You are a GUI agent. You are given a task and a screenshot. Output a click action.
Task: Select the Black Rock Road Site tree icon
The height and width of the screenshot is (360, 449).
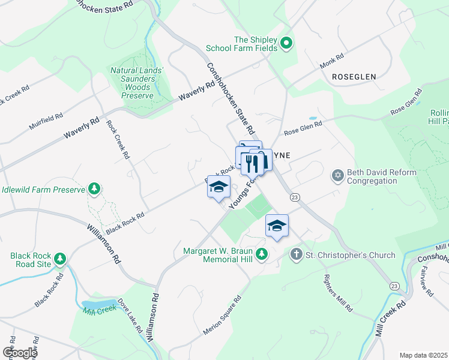[x=59, y=259]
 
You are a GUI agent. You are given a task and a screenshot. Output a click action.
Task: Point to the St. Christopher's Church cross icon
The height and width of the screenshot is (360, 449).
[x=295, y=255]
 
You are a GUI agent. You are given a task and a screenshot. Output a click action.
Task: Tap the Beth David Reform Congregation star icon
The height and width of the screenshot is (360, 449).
[x=338, y=175]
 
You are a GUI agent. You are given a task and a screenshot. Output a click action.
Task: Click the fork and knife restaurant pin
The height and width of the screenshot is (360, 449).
[x=252, y=161]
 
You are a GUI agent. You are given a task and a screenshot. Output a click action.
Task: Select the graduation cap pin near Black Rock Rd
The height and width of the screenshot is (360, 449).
[x=218, y=187]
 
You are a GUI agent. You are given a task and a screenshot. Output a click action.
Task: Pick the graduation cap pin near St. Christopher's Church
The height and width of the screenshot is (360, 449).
[x=277, y=226]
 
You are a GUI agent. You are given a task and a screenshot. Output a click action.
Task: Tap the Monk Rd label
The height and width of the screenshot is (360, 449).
[x=331, y=60]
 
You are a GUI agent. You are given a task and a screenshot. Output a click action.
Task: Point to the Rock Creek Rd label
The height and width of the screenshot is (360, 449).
[x=118, y=139]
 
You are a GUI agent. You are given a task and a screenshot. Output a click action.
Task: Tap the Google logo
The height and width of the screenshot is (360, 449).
[x=19, y=352]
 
